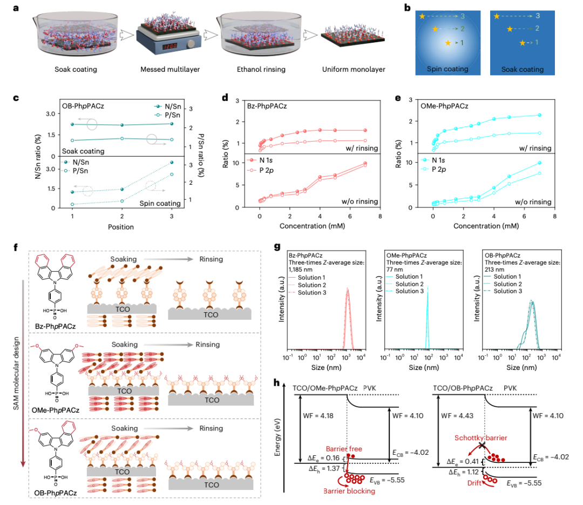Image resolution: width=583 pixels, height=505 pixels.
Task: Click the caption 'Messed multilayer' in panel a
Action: click(x=170, y=69)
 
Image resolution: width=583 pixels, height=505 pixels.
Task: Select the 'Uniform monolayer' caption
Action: click(x=354, y=69)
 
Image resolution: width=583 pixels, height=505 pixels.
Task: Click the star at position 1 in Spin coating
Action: click(x=448, y=43)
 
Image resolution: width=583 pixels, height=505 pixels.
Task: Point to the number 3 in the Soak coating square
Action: click(x=538, y=16)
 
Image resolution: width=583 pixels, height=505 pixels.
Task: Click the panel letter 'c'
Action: click(x=16, y=98)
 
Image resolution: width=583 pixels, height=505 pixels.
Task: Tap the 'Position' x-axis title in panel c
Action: click(x=121, y=227)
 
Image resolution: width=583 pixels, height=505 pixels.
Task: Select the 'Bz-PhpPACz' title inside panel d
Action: click(x=267, y=106)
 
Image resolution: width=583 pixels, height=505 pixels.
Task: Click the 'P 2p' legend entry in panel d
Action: click(x=266, y=171)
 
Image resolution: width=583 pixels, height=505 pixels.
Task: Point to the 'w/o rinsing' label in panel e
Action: click(x=533, y=201)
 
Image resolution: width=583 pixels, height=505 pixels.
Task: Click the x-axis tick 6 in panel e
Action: click(x=524, y=216)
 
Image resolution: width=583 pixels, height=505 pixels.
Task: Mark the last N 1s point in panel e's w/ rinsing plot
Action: click(x=539, y=115)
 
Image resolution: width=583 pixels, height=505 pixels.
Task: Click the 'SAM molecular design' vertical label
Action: click(x=16, y=373)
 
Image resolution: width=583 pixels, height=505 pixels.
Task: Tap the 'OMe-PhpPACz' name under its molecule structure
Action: click(x=56, y=410)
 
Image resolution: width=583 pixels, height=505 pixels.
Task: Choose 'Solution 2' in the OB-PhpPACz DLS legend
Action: click(x=507, y=284)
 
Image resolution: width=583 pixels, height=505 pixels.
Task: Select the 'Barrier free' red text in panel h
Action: click(x=344, y=449)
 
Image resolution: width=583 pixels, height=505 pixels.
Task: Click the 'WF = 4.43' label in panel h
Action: click(x=457, y=416)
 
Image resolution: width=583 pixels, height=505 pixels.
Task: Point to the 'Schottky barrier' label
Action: click(x=481, y=437)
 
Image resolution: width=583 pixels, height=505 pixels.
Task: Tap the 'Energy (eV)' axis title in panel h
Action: click(x=277, y=437)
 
